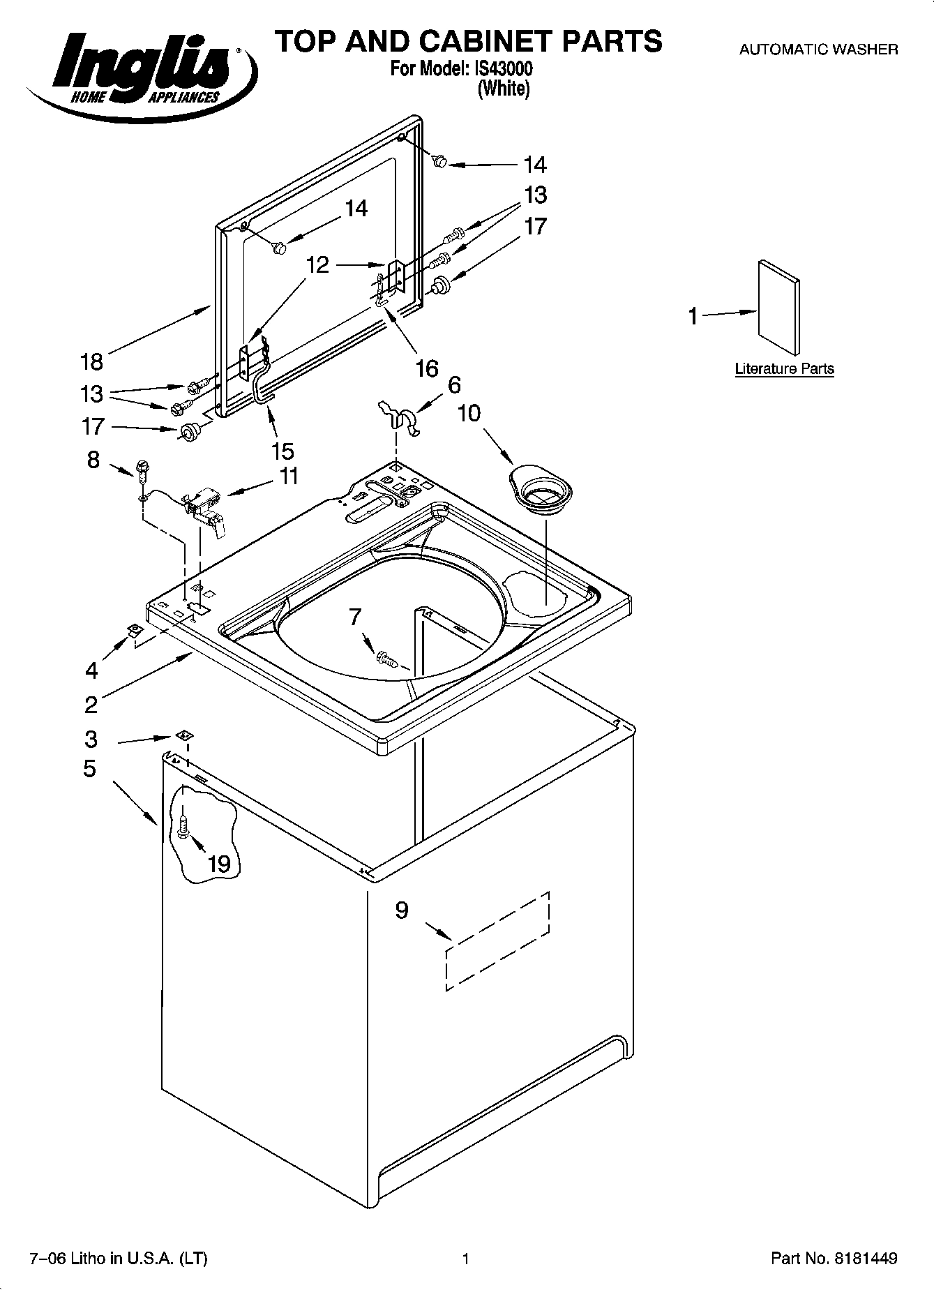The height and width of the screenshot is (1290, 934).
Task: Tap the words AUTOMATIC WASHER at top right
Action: [x=818, y=50]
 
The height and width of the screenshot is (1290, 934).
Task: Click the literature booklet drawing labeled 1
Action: [x=778, y=307]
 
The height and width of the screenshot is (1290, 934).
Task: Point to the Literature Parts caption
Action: [x=784, y=369]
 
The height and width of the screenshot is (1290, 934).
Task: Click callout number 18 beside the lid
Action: [x=91, y=361]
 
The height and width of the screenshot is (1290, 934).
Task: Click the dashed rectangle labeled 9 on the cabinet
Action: [x=497, y=940]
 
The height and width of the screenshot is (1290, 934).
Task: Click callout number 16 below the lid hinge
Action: [x=426, y=368]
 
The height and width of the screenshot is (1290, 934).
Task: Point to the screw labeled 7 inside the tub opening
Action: [x=385, y=657]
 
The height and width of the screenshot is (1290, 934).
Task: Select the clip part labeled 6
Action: [x=399, y=417]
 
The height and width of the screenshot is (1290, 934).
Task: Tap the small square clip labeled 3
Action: [x=183, y=735]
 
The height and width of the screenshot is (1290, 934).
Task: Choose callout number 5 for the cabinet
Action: [x=89, y=769]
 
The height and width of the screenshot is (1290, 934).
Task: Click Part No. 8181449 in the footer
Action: [x=834, y=1259]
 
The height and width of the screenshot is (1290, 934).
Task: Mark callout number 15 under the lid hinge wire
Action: [x=283, y=451]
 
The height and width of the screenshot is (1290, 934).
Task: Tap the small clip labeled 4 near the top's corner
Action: [x=133, y=631]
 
